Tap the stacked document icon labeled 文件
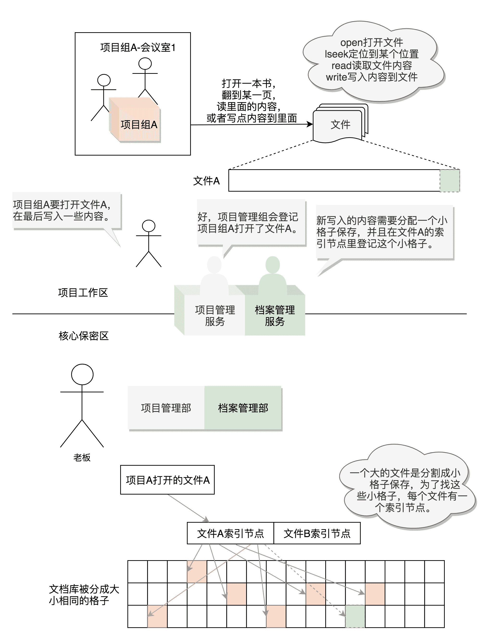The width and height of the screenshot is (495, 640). (340, 125)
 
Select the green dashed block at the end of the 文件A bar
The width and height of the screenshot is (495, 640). (450, 181)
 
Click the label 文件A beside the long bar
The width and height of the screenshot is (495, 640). (206, 181)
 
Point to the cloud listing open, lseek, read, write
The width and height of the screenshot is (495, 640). (372, 60)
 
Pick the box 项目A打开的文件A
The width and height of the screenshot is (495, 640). (167, 480)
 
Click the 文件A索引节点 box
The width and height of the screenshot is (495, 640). (230, 533)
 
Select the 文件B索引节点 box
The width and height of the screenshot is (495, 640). (317, 533)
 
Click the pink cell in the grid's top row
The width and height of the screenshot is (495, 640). (197, 571)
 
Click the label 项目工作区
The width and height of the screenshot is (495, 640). (83, 292)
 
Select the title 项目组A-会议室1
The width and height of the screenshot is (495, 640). (138, 47)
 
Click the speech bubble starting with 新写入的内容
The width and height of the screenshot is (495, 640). (384, 232)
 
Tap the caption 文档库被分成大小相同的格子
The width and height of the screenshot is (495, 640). (84, 595)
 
